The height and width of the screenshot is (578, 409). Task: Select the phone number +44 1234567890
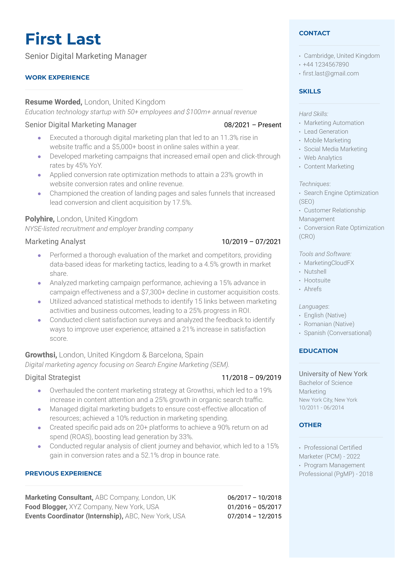click(326, 64)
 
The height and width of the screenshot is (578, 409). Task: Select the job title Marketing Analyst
click(55, 242)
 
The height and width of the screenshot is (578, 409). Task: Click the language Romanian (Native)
click(329, 324)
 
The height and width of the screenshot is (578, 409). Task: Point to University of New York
click(333, 374)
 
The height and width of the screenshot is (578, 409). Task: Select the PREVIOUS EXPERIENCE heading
click(63, 474)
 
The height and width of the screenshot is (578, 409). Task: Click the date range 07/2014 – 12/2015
click(254, 516)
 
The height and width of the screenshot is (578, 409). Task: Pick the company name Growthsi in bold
click(41, 355)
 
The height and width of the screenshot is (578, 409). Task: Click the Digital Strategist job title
click(53, 377)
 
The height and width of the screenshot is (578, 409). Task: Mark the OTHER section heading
click(310, 425)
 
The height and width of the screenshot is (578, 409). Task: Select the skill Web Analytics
click(323, 158)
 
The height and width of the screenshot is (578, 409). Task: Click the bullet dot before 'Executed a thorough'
click(39, 138)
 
